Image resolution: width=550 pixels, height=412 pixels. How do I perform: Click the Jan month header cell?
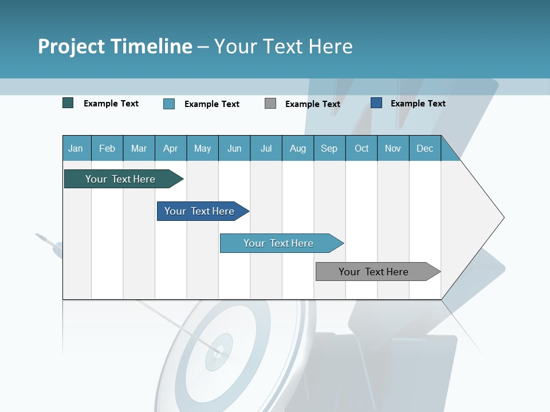click(x=76, y=149)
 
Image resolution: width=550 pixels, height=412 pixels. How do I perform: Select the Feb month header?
click(x=107, y=149)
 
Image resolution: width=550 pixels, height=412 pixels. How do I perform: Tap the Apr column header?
click(x=171, y=149)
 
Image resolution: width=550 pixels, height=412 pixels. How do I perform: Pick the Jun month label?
click(x=234, y=149)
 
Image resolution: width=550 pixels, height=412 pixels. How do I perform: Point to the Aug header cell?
click(x=298, y=149)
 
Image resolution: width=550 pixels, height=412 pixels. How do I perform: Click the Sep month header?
click(x=329, y=149)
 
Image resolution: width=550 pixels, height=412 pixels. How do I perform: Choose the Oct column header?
click(x=362, y=149)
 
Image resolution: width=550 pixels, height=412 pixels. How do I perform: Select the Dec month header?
click(x=425, y=149)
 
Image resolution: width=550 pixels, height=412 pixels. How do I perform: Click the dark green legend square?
click(x=68, y=103)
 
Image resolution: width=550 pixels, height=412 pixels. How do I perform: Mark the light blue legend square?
click(x=169, y=104)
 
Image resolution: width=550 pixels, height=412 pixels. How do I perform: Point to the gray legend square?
click(x=270, y=104)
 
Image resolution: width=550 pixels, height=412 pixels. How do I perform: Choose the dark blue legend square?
click(x=376, y=103)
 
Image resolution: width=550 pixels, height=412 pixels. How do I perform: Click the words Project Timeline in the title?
click(x=115, y=46)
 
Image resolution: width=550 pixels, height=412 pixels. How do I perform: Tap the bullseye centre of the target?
click(x=218, y=350)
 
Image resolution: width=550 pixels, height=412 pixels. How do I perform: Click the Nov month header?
click(x=393, y=149)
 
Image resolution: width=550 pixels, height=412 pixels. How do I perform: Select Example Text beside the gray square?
click(x=313, y=104)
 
